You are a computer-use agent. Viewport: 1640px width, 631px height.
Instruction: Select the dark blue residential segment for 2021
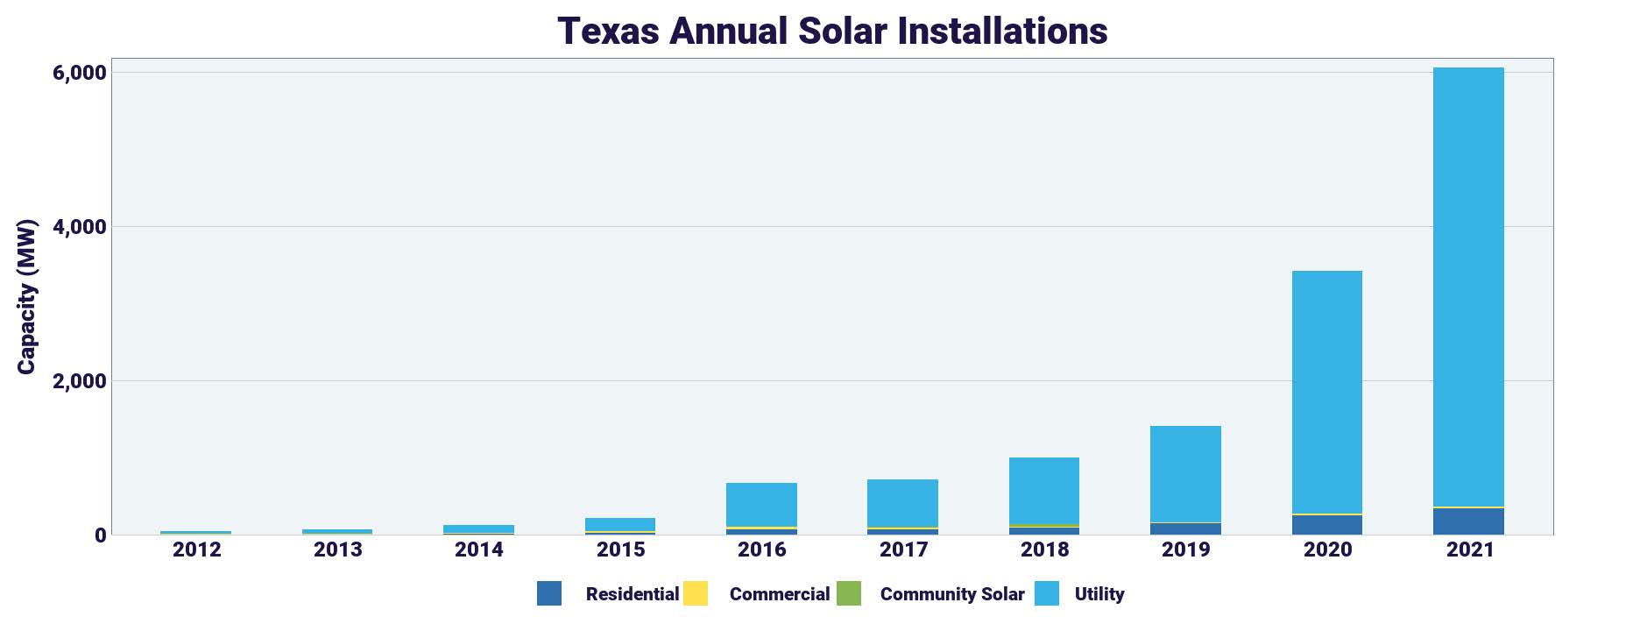[1468, 521]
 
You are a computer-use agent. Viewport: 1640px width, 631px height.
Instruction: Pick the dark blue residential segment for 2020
[1326, 525]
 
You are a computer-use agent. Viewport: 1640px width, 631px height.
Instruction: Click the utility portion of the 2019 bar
[1185, 473]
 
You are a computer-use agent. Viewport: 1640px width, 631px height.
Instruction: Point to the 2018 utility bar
[1044, 491]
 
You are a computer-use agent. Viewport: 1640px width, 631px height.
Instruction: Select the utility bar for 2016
[761, 505]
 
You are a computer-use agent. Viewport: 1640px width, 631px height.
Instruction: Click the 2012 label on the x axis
[197, 549]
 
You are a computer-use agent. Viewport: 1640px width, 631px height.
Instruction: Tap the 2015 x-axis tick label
[620, 549]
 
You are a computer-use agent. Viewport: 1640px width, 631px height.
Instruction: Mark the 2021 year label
[1469, 549]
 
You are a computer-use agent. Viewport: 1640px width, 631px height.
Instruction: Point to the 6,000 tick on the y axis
[80, 73]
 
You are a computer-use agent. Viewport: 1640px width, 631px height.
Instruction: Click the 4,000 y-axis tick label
[80, 227]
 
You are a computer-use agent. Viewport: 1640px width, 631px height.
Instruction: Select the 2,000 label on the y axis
[80, 381]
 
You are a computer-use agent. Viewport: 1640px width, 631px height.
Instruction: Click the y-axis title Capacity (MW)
[26, 296]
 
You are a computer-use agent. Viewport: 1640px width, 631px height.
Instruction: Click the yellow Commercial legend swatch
[696, 593]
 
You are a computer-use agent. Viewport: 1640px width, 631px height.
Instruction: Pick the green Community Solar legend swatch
[848, 593]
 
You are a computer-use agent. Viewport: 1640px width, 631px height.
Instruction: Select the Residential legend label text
[632, 594]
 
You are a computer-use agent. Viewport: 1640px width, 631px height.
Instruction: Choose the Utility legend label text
[1099, 594]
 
